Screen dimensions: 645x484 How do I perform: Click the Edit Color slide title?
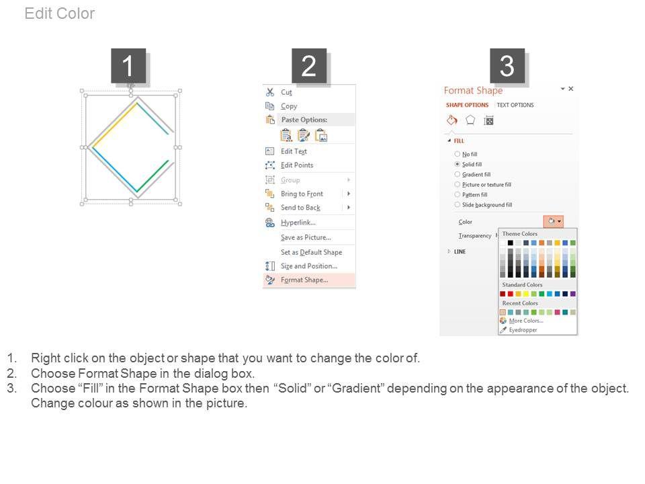[x=60, y=13]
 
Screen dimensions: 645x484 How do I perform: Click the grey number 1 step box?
[x=128, y=66]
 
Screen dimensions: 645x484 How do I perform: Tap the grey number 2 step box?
[x=309, y=66]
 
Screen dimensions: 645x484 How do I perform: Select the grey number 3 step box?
[x=507, y=66]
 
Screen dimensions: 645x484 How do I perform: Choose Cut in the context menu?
[x=286, y=92]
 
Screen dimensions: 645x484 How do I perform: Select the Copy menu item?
[x=289, y=106]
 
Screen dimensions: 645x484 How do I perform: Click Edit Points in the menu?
[x=297, y=165]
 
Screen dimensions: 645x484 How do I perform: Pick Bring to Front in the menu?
[x=302, y=194]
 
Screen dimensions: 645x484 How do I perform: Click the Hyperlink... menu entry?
[x=298, y=223]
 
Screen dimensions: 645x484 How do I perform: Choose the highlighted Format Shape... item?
[x=304, y=280]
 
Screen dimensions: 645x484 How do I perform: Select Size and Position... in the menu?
[x=309, y=266]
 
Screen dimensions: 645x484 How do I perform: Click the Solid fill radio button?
[x=457, y=164]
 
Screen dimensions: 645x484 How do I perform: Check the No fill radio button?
[x=457, y=154]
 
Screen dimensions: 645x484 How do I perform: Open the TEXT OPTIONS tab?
[x=515, y=105]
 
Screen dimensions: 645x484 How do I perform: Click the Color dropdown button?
[x=553, y=221]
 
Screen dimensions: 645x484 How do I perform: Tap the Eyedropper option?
[x=523, y=330]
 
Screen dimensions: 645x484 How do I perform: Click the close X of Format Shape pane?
[x=571, y=89]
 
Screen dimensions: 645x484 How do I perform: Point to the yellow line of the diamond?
[x=115, y=124]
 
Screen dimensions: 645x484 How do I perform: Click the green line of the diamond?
[x=153, y=176]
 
